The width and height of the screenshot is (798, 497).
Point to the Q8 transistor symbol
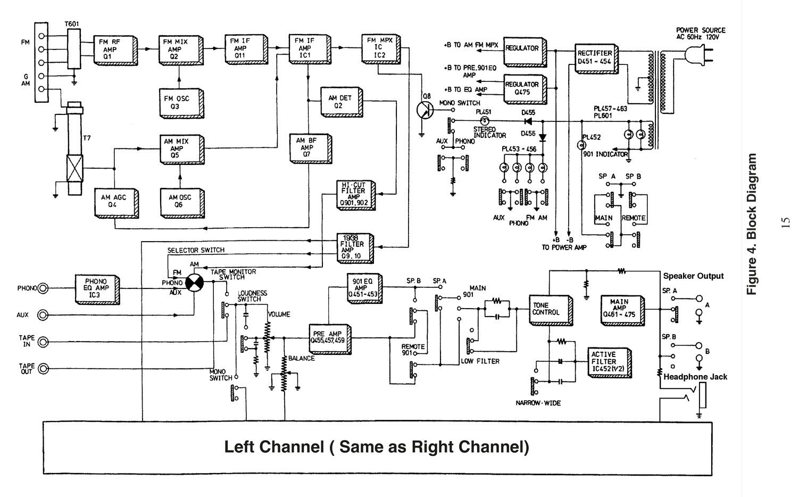tap(425, 110)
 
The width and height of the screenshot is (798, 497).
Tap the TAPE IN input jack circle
tap(43, 341)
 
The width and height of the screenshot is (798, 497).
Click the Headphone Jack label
tap(695, 377)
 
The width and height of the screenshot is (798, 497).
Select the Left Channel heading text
tap(377, 446)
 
